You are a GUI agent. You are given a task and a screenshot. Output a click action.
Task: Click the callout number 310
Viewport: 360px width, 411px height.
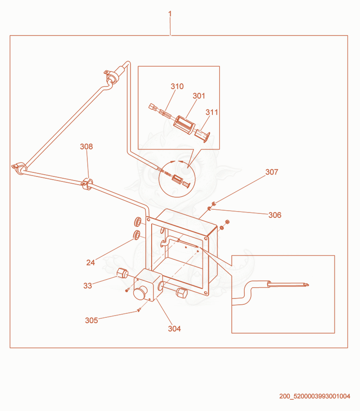click(177, 86)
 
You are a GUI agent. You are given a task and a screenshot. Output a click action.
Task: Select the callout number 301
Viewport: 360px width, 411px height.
click(199, 96)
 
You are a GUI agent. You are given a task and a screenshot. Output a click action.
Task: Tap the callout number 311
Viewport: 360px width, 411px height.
click(211, 112)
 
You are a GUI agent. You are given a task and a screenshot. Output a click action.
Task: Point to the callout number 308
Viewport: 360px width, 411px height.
click(86, 146)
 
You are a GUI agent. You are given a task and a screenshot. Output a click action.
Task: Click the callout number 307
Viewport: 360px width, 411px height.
click(272, 172)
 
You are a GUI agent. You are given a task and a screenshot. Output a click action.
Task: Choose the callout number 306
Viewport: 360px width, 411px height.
click(275, 215)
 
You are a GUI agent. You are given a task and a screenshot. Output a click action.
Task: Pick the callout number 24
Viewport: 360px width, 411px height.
click(90, 262)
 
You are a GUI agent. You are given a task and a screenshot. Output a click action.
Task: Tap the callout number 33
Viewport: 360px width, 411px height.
click(87, 285)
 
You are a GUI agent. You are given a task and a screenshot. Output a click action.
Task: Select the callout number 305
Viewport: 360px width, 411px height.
click(91, 321)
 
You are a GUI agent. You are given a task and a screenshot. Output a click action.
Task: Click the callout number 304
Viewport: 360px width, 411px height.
click(174, 329)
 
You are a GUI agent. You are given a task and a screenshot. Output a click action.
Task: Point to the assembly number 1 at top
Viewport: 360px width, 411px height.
click(170, 14)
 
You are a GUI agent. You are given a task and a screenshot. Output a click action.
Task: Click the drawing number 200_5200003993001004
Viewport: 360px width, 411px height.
click(315, 396)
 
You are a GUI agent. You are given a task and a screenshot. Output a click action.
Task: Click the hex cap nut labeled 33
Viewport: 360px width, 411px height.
click(122, 273)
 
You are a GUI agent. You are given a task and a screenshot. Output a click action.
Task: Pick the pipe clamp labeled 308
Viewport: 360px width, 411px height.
click(87, 184)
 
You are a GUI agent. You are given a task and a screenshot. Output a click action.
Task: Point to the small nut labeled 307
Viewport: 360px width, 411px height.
click(214, 203)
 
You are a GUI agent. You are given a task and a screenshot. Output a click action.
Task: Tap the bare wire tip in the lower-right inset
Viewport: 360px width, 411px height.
click(307, 284)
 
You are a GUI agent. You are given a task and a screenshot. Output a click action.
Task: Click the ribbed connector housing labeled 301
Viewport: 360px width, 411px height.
click(184, 125)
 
